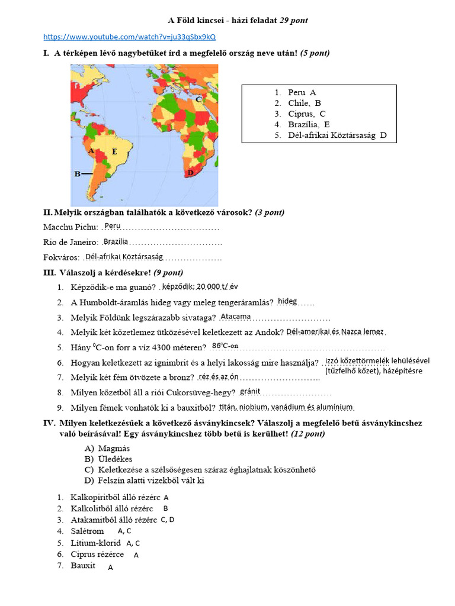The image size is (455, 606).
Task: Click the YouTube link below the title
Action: coord(130,37)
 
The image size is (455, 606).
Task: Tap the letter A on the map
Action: coord(91,151)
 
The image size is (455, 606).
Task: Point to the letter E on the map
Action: coord(114,151)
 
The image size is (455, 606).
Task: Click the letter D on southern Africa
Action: coord(190,173)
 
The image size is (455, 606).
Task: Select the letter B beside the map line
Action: coord(77,174)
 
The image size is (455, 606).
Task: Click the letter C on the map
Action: coord(199,99)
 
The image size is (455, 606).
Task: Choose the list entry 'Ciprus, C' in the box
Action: coord(307,114)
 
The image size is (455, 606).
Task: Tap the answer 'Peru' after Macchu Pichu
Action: coord(112,226)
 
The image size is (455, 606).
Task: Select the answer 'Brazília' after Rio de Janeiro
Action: coord(116,241)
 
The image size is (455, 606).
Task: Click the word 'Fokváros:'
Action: coord(62,257)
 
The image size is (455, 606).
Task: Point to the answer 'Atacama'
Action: coord(235,317)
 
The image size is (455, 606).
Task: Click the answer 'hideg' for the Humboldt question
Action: coord(287,301)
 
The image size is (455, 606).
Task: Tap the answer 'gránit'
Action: coord(250,391)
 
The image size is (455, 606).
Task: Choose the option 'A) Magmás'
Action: coord(107,448)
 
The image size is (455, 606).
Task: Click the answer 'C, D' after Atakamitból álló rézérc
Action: coord(168,520)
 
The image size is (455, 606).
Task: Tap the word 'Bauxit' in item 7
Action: coord(83,566)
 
